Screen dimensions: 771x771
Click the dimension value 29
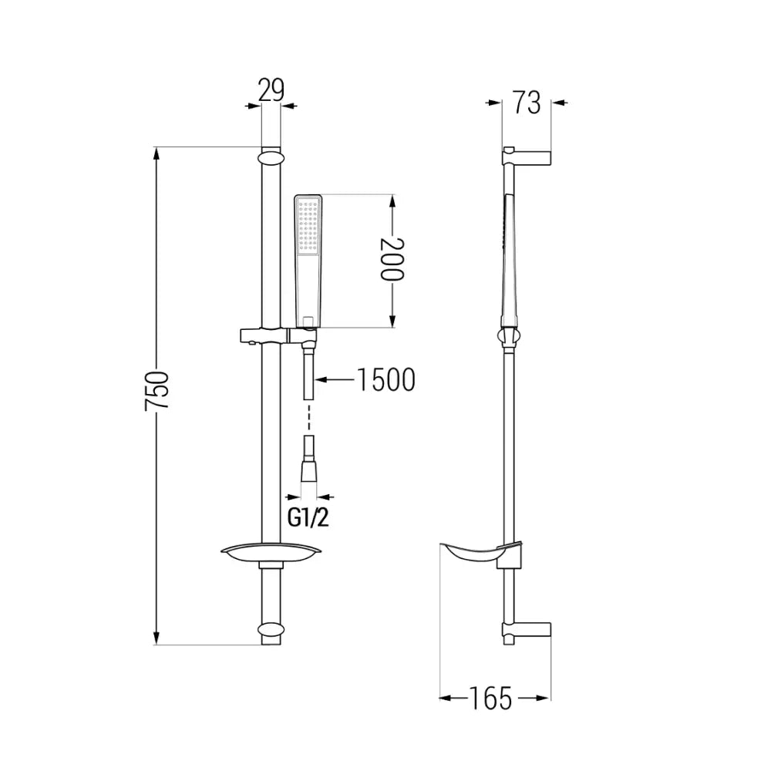pyautogui.click(x=271, y=90)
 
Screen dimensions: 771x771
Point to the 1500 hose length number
pyautogui.click(x=385, y=379)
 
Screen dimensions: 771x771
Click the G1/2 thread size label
pyautogui.click(x=308, y=517)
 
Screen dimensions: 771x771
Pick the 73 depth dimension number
pyautogui.click(x=527, y=103)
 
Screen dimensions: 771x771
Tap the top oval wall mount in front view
pyautogui.click(x=271, y=158)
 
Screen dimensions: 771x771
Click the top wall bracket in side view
pyautogui.click(x=527, y=157)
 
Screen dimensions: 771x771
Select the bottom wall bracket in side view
pyautogui.click(x=527, y=630)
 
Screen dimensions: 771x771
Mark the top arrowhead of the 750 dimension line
pyautogui.click(x=157, y=153)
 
